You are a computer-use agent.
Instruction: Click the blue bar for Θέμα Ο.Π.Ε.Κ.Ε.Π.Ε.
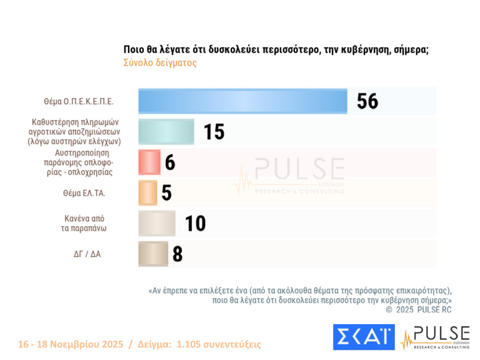click(243, 101)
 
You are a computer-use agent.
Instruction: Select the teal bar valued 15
click(166, 131)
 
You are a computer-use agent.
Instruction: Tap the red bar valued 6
click(149, 162)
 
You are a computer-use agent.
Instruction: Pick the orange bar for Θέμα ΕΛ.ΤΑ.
click(148, 192)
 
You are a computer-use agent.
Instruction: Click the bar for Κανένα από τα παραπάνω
click(157, 223)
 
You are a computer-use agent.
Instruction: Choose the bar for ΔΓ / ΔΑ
click(153, 254)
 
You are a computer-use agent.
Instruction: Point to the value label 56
click(367, 101)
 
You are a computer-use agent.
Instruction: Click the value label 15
click(214, 131)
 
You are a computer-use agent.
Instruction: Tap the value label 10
click(195, 224)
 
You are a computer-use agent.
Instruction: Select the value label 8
click(177, 254)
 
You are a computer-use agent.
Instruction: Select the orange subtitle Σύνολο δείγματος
click(160, 63)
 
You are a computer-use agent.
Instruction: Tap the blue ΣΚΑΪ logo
click(364, 337)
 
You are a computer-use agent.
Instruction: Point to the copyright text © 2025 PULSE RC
click(418, 310)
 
